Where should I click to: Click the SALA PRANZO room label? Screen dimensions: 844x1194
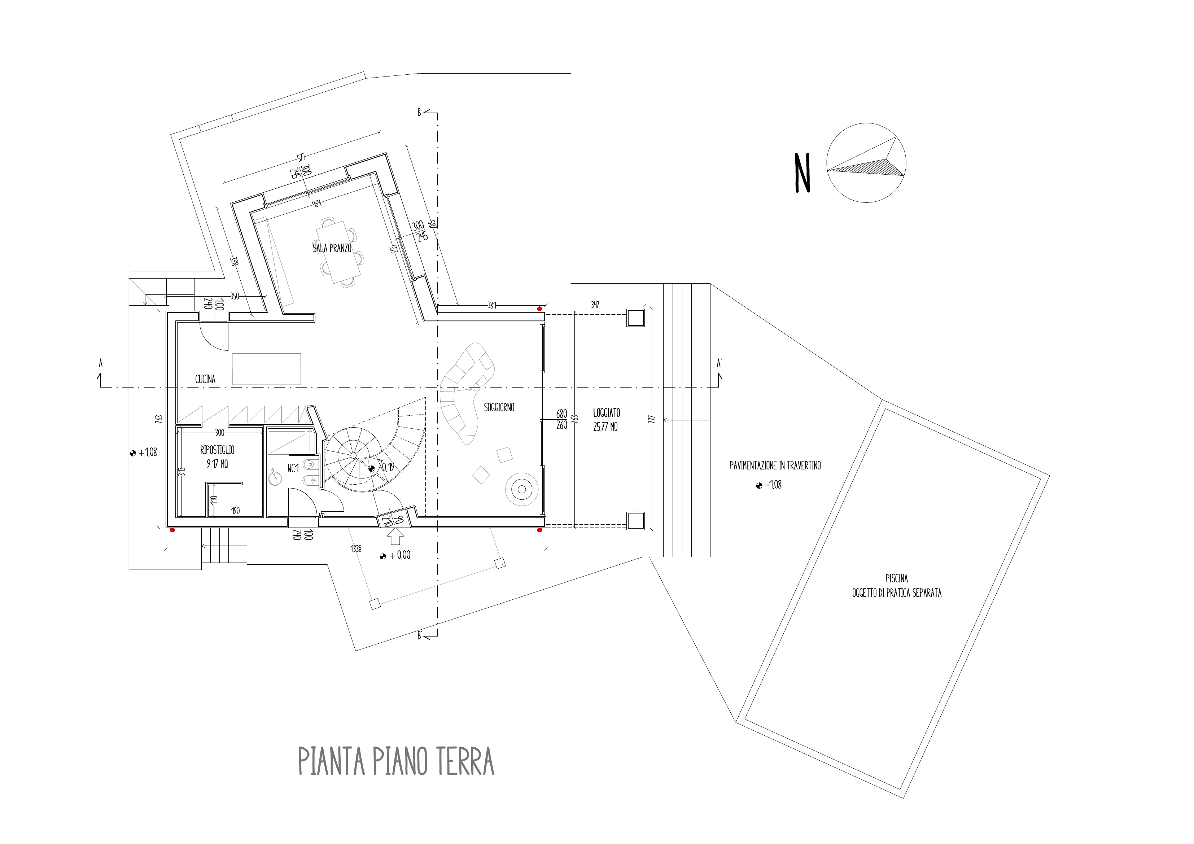pyautogui.click(x=332, y=248)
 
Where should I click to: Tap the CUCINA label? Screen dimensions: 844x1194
pyautogui.click(x=205, y=379)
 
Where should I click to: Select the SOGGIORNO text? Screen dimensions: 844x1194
pyautogui.click(x=499, y=407)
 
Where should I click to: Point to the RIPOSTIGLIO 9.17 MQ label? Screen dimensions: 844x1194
pyautogui.click(x=217, y=456)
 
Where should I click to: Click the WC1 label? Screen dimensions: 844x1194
pyautogui.click(x=293, y=468)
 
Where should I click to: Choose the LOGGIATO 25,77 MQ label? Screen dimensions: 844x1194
pyautogui.click(x=606, y=420)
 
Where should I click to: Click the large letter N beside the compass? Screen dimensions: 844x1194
pyautogui.click(x=802, y=173)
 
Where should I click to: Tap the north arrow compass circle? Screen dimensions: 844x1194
pyautogui.click(x=866, y=163)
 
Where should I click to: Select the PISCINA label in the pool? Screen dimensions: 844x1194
pyautogui.click(x=897, y=578)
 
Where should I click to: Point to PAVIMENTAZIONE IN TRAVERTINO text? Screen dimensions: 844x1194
pyautogui.click(x=775, y=465)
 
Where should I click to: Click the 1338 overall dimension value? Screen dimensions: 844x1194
pyautogui.click(x=356, y=548)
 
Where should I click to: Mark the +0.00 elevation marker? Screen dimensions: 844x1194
pyautogui.click(x=396, y=555)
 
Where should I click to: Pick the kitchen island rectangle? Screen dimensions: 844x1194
pyautogui.click(x=266, y=369)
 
